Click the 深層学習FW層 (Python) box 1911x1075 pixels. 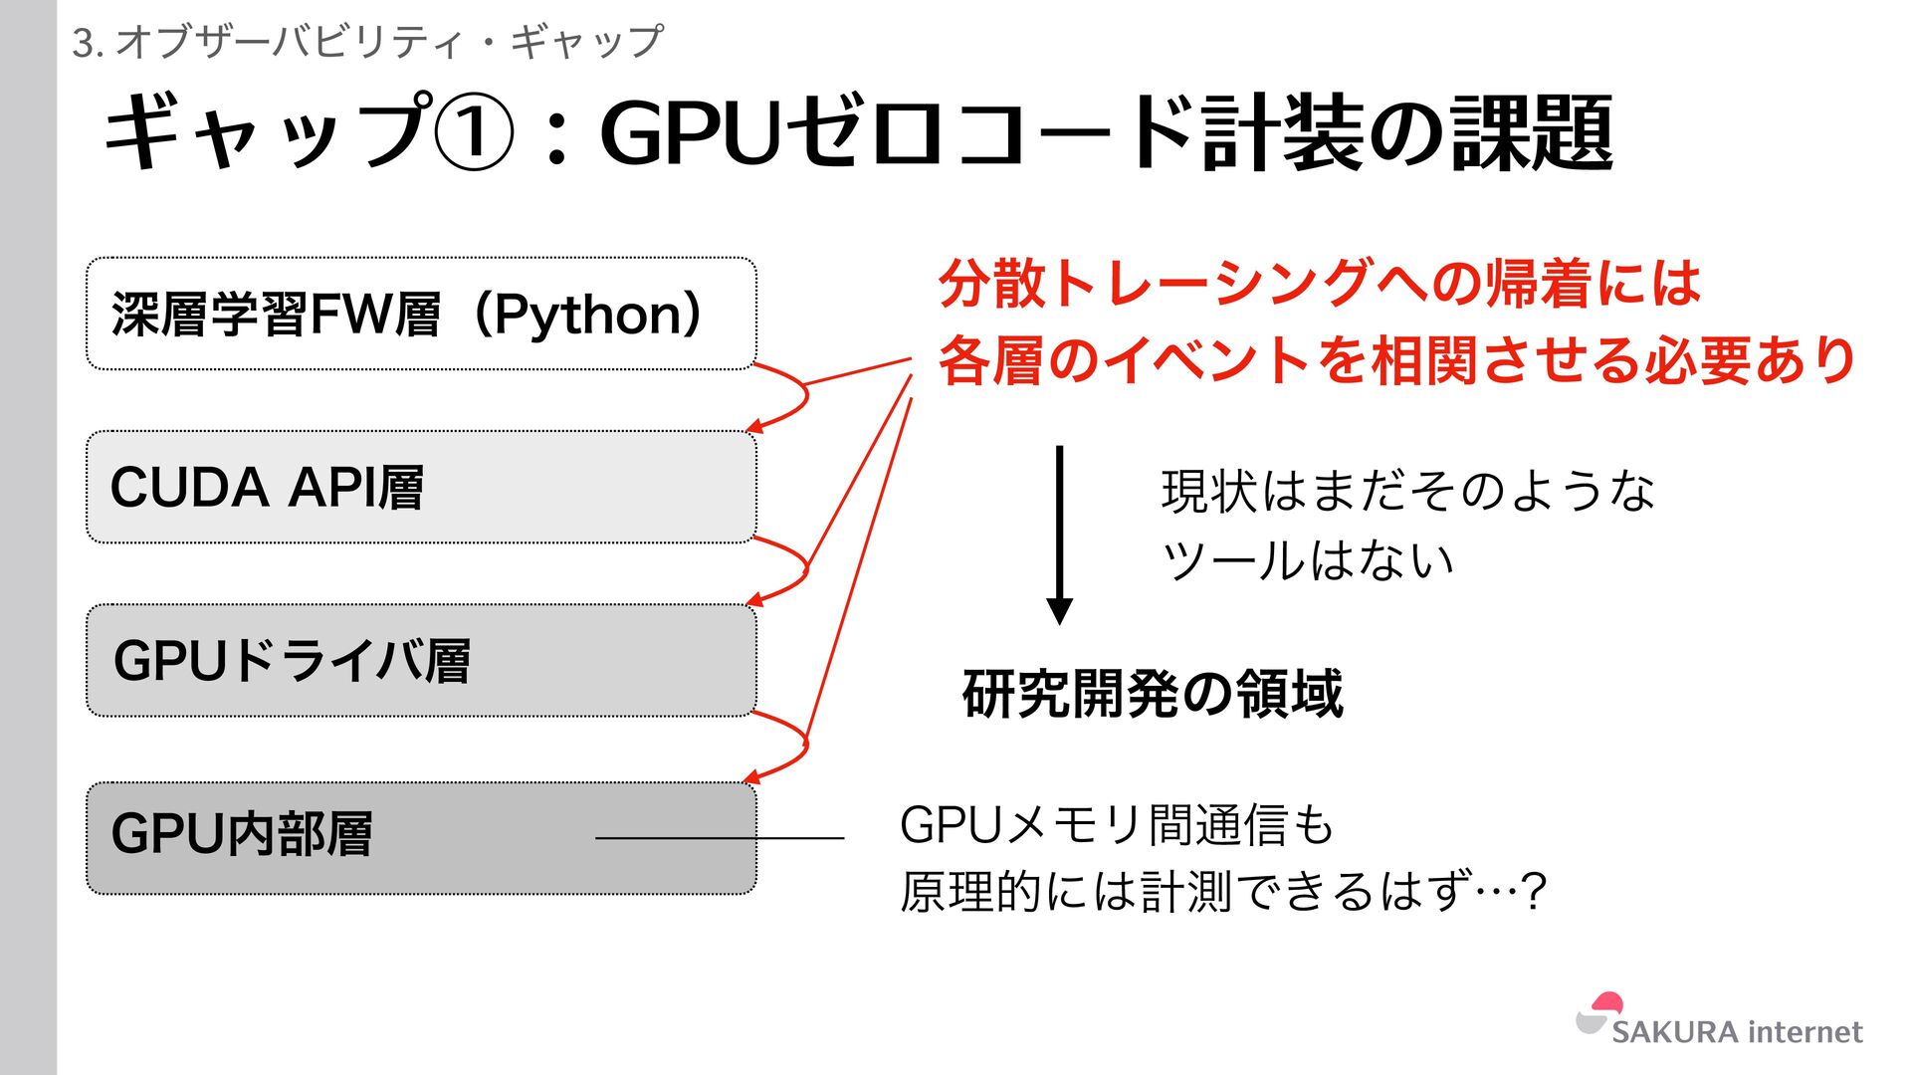pyautogui.click(x=421, y=314)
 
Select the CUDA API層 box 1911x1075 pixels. pyautogui.click(x=421, y=487)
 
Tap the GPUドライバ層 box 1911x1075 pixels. pyautogui.click(x=421, y=660)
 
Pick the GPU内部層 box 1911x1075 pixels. pyautogui.click(x=421, y=837)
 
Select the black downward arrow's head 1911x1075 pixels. pyautogui.click(x=1060, y=610)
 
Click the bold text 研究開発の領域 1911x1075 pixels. pyautogui.click(x=1153, y=694)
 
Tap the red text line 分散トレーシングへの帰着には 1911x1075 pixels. pyautogui.click(x=1320, y=283)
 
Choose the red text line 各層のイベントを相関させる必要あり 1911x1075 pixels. pyautogui.click(x=1397, y=359)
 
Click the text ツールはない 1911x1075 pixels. pyautogui.click(x=1308, y=559)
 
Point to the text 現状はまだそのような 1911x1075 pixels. pyautogui.click(x=1407, y=491)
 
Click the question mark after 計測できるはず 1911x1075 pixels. pyautogui.click(x=1534, y=891)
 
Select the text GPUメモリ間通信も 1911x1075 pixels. pyautogui.click(x=1116, y=825)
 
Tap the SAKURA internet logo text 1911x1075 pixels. pyautogui.click(x=1737, y=1032)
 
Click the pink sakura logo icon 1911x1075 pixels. pyautogui.click(x=1600, y=1013)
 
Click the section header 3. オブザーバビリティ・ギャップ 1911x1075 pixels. pyautogui.click(x=367, y=42)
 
